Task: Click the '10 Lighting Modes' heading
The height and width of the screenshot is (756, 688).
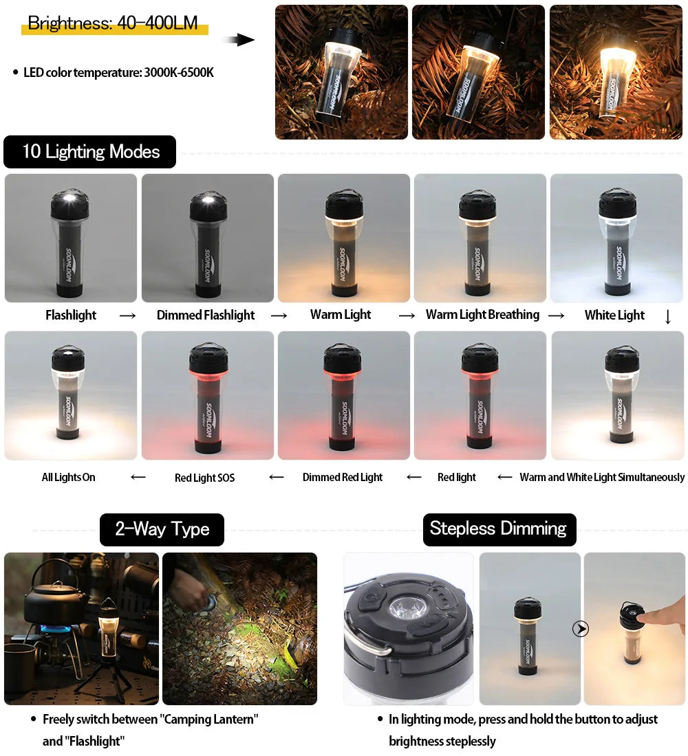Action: [x=90, y=152]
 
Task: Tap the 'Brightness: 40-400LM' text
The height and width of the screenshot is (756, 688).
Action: [x=113, y=23]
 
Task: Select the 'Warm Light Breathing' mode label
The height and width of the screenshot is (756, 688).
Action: [x=482, y=315]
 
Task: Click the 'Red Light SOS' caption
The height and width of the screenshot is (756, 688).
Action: [x=204, y=478]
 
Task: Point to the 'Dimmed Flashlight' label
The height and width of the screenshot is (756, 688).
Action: [x=205, y=315]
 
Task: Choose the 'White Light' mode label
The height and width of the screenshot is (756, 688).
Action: [x=614, y=315]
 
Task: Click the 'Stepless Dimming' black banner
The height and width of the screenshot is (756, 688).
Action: [x=498, y=529]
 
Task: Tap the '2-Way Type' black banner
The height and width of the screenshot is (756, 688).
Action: [x=162, y=529]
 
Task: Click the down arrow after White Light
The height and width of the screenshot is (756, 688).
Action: [x=667, y=317]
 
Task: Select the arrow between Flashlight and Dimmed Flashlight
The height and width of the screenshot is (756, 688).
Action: [x=127, y=316]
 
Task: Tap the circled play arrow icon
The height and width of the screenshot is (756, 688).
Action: [x=581, y=629]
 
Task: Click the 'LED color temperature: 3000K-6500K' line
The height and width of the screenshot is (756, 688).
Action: [x=118, y=72]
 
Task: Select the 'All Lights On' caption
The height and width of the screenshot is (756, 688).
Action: [x=68, y=477]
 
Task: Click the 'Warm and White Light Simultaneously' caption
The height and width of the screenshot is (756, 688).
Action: [x=602, y=477]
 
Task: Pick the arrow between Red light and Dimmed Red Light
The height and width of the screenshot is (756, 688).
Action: [x=413, y=477]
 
